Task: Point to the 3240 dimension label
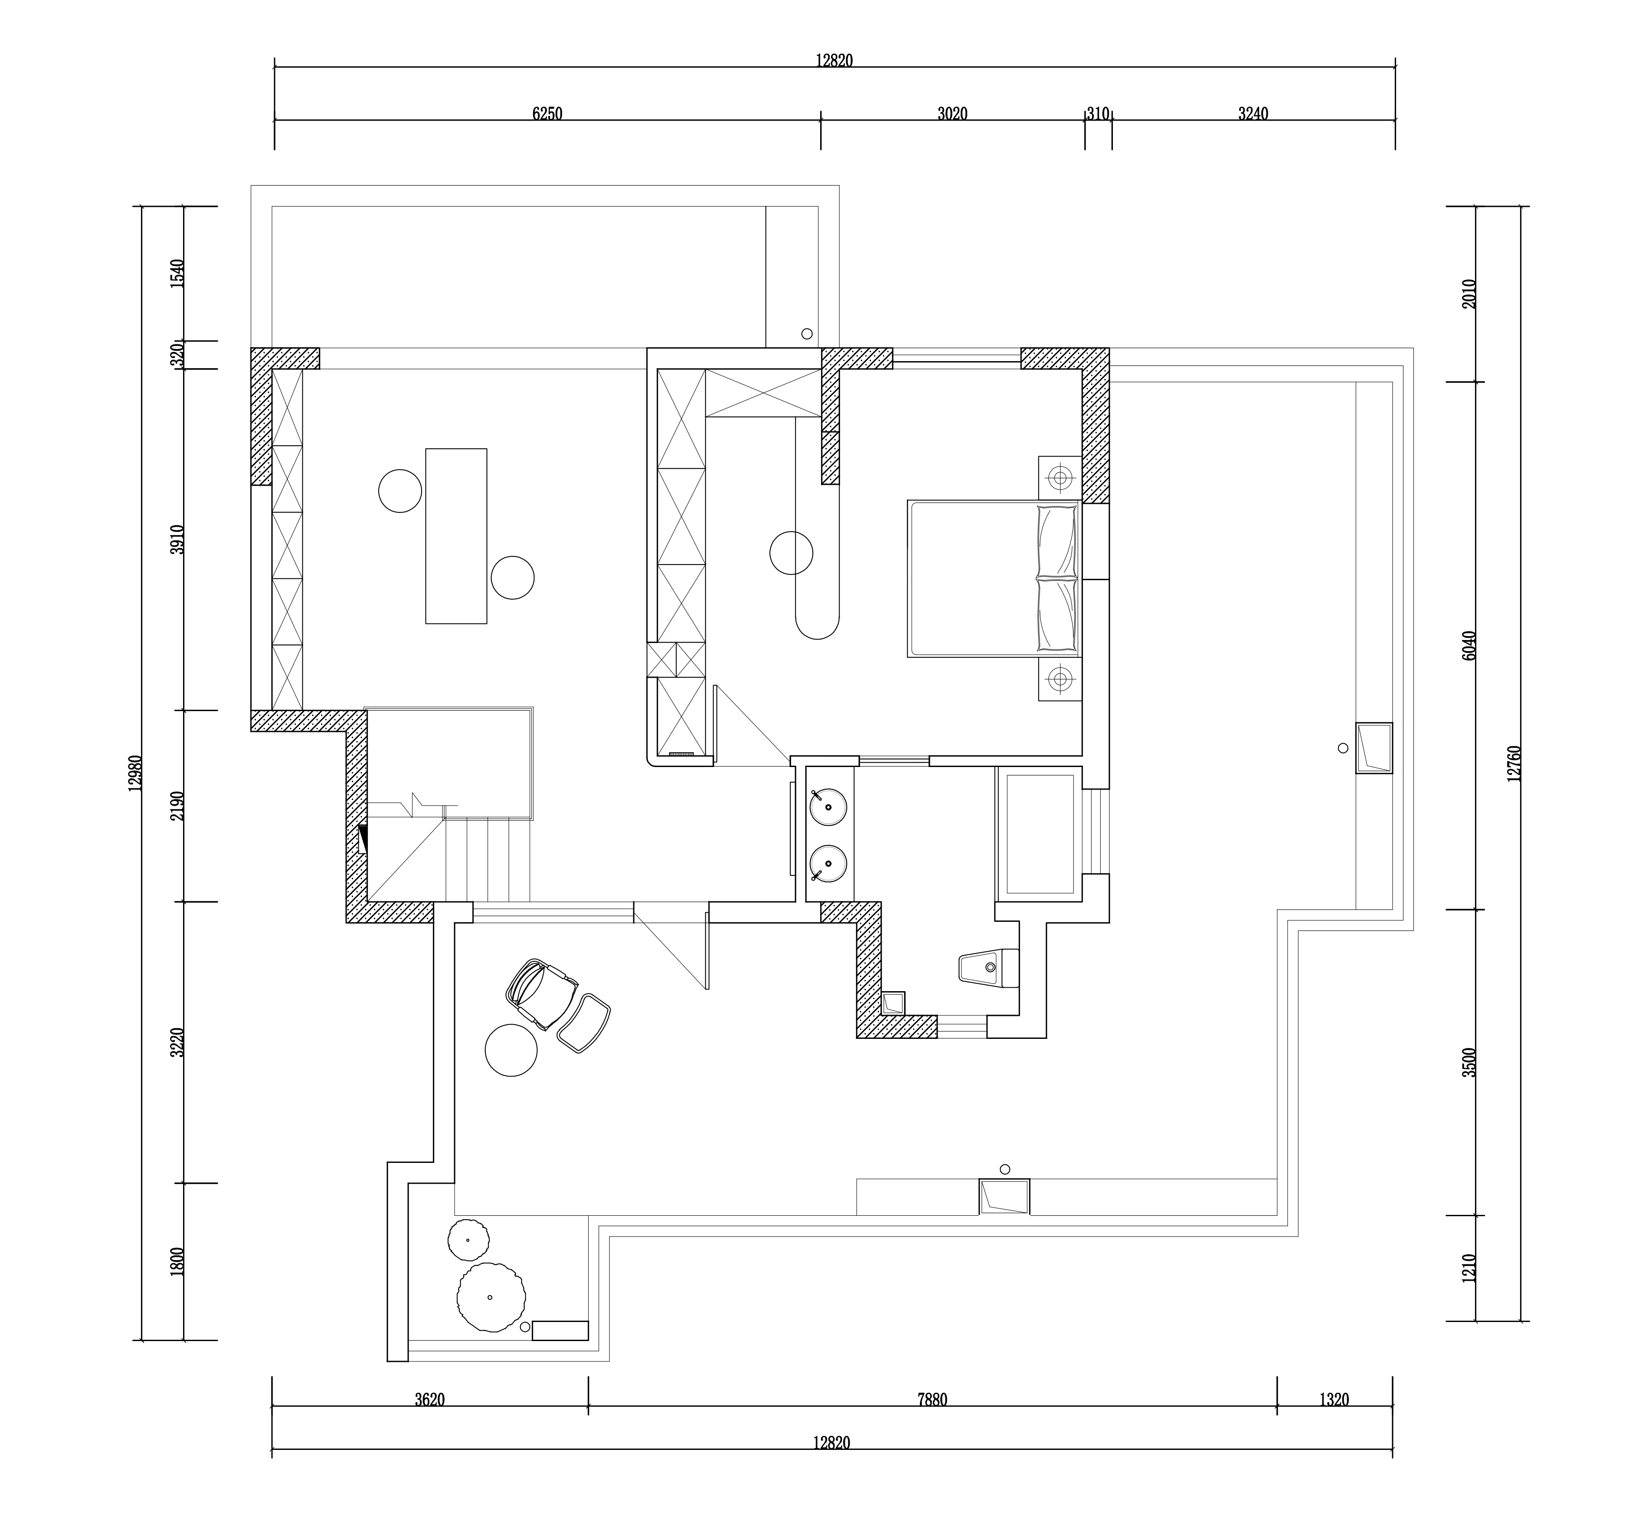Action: [1253, 114]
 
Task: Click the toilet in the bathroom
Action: [990, 967]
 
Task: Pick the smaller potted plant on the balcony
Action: [468, 1240]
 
